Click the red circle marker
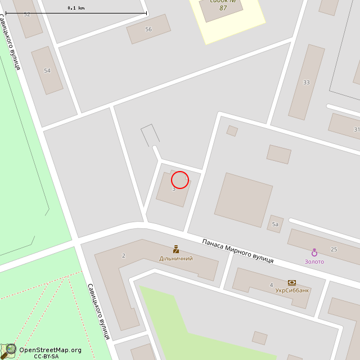pyautogui.click(x=179, y=180)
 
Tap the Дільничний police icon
pyautogui.click(x=176, y=249)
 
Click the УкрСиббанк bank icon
pyautogui.click(x=291, y=282)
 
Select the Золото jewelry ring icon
pyautogui.click(x=314, y=253)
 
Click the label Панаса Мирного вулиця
pyautogui.click(x=238, y=251)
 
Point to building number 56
pyautogui.click(x=148, y=29)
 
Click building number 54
pyautogui.click(x=47, y=71)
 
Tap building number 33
pyautogui.click(x=307, y=83)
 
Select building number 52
pyautogui.click(x=27, y=14)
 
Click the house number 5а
pyautogui.click(x=275, y=224)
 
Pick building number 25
pyautogui.click(x=334, y=249)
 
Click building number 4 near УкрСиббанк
pyautogui.click(x=271, y=285)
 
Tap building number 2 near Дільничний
pyautogui.click(x=123, y=255)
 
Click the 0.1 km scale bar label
pyautogui.click(x=76, y=8)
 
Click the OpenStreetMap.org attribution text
pyautogui.click(x=50, y=350)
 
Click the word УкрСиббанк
pyautogui.click(x=292, y=291)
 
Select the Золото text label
pyautogui.click(x=314, y=262)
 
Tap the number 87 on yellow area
pyautogui.click(x=223, y=8)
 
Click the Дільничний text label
pyautogui.click(x=176, y=259)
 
